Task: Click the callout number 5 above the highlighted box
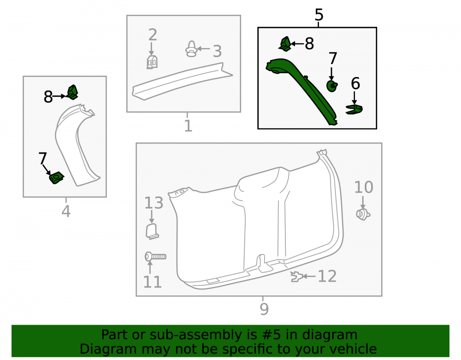(x=319, y=15)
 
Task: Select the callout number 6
(x=355, y=83)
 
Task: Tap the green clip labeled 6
(x=354, y=109)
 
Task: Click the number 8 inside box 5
(x=309, y=44)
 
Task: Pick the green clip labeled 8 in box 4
(x=72, y=92)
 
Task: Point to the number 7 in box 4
(x=42, y=159)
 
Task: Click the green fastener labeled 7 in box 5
(x=332, y=86)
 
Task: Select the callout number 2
(x=153, y=35)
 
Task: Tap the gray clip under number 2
(x=152, y=62)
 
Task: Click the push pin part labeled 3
(x=191, y=49)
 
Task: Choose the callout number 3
(x=217, y=52)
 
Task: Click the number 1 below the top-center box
(x=188, y=126)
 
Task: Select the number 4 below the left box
(x=66, y=211)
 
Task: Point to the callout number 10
(x=364, y=187)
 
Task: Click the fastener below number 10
(x=363, y=214)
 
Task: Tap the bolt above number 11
(x=155, y=257)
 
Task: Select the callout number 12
(x=327, y=276)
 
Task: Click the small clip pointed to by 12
(x=297, y=277)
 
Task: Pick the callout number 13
(x=154, y=203)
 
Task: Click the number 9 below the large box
(x=264, y=309)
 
